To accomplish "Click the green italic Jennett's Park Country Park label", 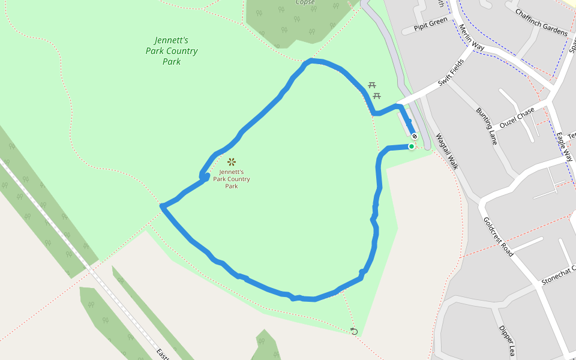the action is pyautogui.click(x=172, y=51).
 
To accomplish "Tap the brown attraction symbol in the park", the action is pyautogui.click(x=232, y=161).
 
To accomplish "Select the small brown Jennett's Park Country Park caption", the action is pyautogui.click(x=232, y=179).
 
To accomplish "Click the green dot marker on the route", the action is pyautogui.click(x=412, y=146).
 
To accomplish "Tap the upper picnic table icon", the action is pyautogui.click(x=372, y=86).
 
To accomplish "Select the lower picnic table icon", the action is pyautogui.click(x=377, y=96).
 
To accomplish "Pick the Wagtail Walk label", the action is pyautogui.click(x=447, y=151).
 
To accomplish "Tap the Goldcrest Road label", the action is pyautogui.click(x=498, y=236).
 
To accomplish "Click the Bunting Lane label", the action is pyautogui.click(x=487, y=127).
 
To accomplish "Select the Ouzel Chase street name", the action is pyautogui.click(x=517, y=118).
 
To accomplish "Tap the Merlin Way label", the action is pyautogui.click(x=470, y=37).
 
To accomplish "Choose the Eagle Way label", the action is pyautogui.click(x=565, y=147).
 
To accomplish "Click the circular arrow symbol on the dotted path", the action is pyautogui.click(x=354, y=331).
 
